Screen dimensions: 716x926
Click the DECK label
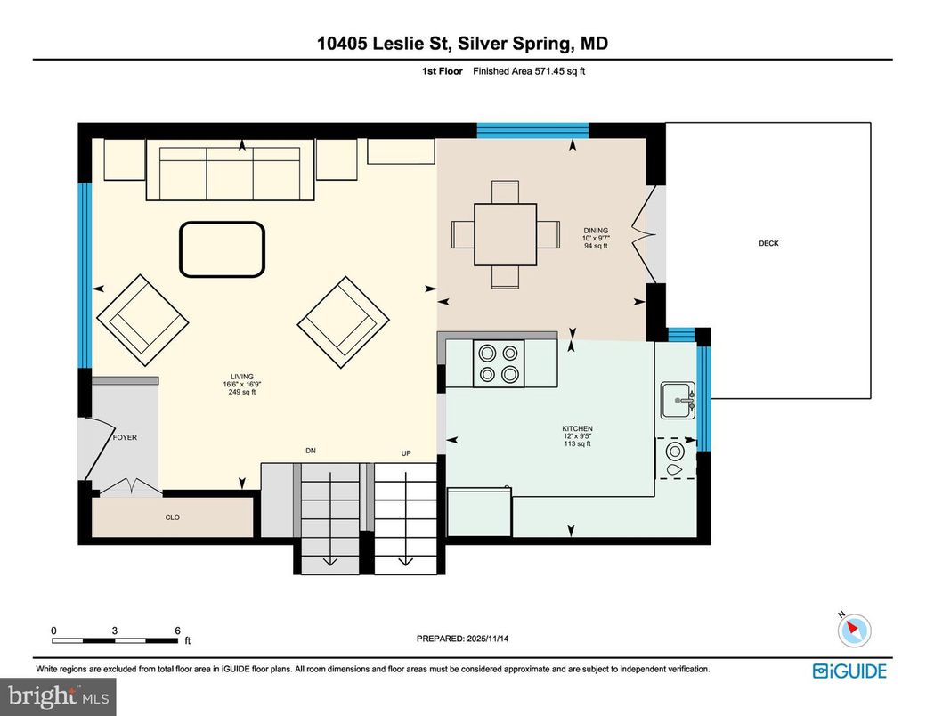(768, 243)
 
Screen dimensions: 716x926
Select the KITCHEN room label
(577, 429)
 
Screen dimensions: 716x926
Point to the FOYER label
(125, 437)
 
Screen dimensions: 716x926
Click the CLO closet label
(173, 517)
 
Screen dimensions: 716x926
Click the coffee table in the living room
(223, 248)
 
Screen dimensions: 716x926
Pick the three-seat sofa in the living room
(230, 174)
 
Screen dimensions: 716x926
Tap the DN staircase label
(311, 452)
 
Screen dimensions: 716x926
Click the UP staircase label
(406, 453)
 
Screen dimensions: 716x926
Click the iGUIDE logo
(849, 671)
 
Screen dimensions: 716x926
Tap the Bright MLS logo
(58, 695)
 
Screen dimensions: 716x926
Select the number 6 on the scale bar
(178, 630)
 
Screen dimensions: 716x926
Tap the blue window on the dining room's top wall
(532, 130)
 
